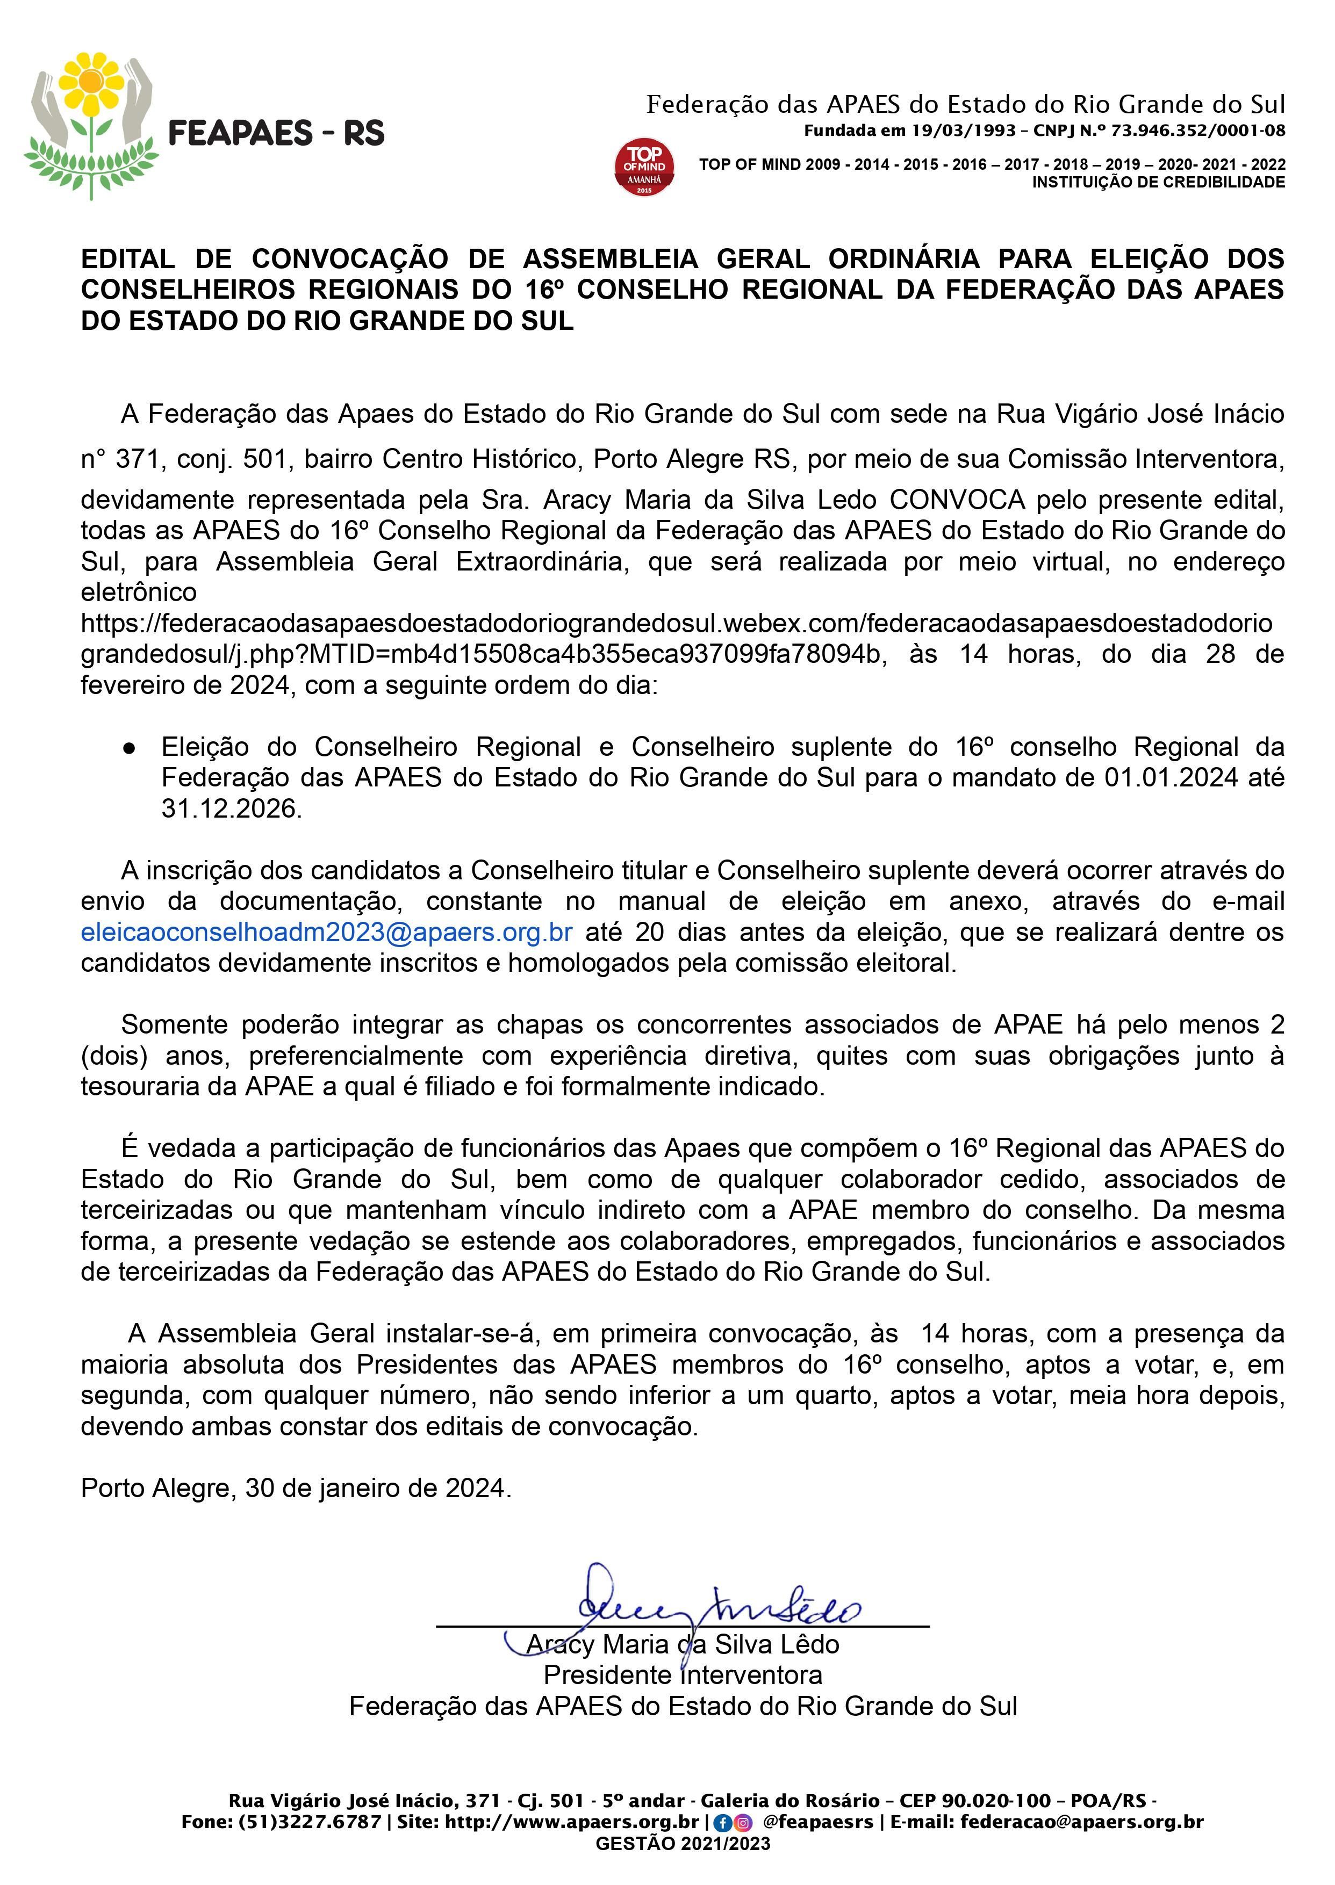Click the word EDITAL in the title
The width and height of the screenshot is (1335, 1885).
[127, 259]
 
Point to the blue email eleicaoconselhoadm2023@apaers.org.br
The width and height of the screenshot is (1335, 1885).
[326, 933]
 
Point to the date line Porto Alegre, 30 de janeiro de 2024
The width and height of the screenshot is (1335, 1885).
[296, 1488]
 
